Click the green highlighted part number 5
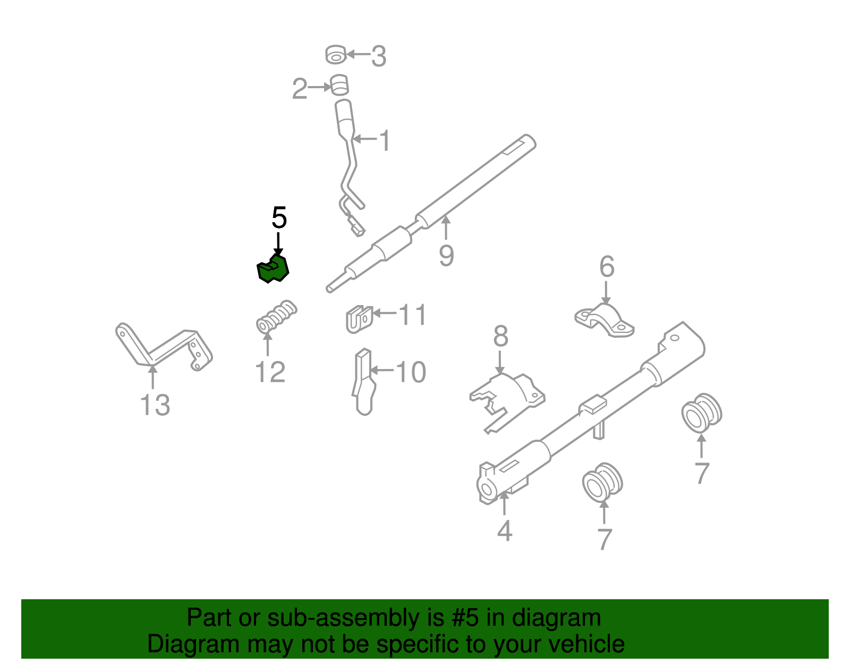[273, 269]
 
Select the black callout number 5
[279, 218]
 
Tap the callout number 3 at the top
[378, 56]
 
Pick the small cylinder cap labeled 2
[339, 85]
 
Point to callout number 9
[446, 256]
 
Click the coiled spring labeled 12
[276, 317]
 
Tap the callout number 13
[155, 405]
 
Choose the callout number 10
[411, 372]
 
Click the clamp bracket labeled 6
[605, 321]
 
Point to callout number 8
[500, 337]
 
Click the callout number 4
[504, 531]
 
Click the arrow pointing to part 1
[364, 139]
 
